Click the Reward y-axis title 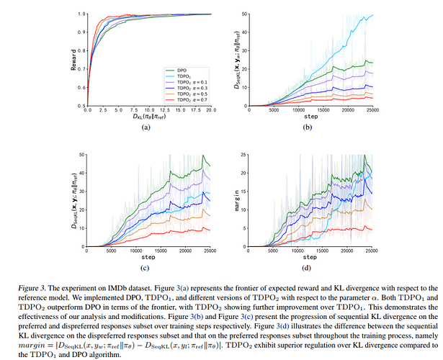pos(73,59)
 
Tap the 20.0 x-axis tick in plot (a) pos(210,111)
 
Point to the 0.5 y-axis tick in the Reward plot pos(81,105)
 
